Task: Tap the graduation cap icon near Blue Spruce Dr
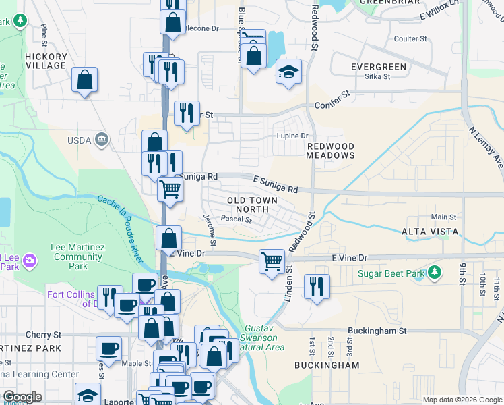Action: tap(288, 72)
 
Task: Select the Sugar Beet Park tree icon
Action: tap(436, 271)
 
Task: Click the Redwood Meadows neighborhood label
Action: tap(330, 151)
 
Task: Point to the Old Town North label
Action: tap(249, 205)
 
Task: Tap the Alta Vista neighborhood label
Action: tap(430, 232)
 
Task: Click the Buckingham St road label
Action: tap(377, 331)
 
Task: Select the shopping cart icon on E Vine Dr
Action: tap(272, 260)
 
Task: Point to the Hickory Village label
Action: tap(46, 61)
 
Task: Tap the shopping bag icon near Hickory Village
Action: tap(86, 79)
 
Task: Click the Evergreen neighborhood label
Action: tap(378, 67)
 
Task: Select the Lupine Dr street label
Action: tap(292, 136)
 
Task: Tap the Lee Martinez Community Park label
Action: tap(77, 256)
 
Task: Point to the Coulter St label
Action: tap(411, 39)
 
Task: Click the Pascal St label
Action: tap(236, 219)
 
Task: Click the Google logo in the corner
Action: tap(22, 397)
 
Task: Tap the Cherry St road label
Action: tap(43, 334)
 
